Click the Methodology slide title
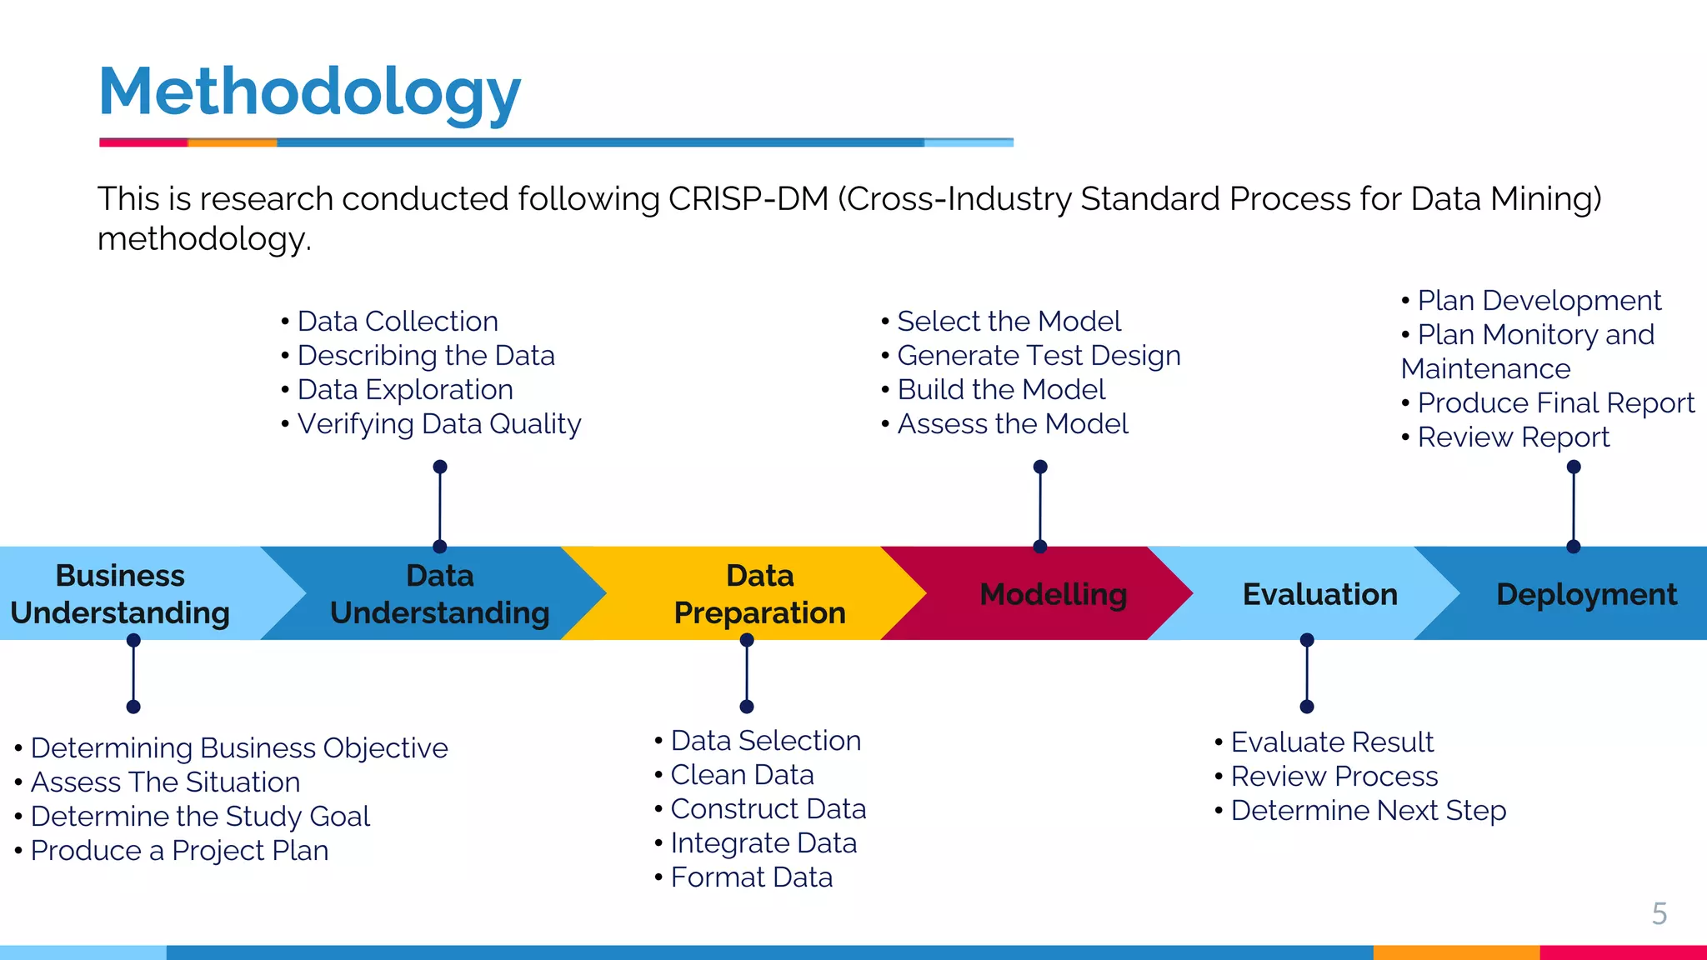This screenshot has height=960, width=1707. click(x=309, y=92)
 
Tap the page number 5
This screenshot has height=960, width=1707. click(x=1659, y=913)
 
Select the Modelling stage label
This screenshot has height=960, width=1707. click(x=1053, y=594)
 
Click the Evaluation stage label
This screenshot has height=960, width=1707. click(x=1319, y=594)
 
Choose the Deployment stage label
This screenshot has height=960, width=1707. click(x=1586, y=594)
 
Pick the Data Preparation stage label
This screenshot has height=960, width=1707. click(x=759, y=594)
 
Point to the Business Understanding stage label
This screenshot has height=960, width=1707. click(x=120, y=594)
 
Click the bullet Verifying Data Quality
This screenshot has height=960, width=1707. click(x=438, y=424)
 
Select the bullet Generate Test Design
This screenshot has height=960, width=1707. click(x=1039, y=356)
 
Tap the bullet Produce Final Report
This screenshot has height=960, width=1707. click(x=1555, y=403)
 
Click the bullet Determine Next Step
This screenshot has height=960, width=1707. click(x=1368, y=811)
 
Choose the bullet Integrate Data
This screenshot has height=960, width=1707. click(x=763, y=843)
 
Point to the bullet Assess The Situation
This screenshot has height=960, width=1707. click(x=165, y=782)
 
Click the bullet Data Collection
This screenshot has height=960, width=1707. click(x=398, y=322)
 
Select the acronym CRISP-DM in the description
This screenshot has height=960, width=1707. click(x=748, y=199)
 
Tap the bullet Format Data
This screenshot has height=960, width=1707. click(x=751, y=877)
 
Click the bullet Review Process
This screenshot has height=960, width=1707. click(x=1334, y=777)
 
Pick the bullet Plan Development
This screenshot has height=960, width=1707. click(x=1539, y=301)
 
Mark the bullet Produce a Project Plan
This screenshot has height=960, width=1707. click(x=179, y=851)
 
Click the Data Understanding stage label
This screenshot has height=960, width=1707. click(x=439, y=594)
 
